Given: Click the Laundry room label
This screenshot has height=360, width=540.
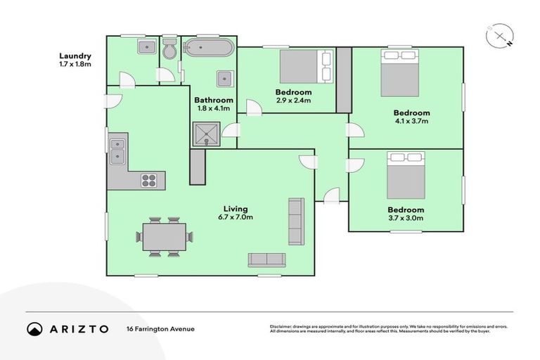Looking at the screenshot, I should [x=75, y=56].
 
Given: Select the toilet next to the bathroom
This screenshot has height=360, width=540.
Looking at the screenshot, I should [x=169, y=51].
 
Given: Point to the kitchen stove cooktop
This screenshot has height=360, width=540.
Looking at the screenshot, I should [x=149, y=179].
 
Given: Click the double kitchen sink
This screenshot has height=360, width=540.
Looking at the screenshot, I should [x=117, y=150].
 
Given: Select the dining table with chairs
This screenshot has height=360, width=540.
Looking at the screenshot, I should [x=165, y=236].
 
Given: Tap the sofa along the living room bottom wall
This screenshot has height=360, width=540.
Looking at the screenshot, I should [x=266, y=259].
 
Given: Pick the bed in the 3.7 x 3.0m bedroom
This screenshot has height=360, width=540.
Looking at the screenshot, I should [x=406, y=175].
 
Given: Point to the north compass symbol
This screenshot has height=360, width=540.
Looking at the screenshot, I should [x=499, y=37].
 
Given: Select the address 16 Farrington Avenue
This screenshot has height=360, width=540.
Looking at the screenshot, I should [x=160, y=328].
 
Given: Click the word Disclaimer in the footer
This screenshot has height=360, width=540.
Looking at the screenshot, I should [x=283, y=326].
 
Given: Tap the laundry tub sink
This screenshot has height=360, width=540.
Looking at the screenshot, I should [x=147, y=47].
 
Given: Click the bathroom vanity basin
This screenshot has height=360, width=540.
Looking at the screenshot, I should [x=224, y=78].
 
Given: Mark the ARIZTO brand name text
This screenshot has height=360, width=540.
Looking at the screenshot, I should [x=79, y=328].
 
